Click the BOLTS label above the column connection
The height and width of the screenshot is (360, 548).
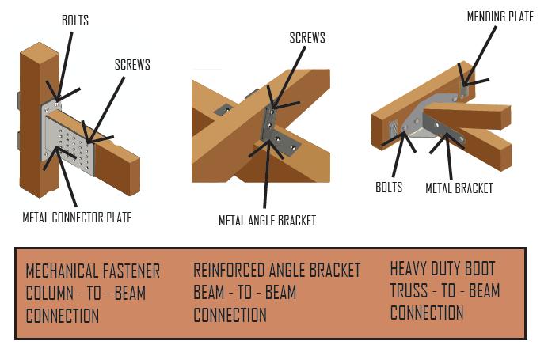click(75, 21)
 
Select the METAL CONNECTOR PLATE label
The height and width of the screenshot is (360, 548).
click(77, 216)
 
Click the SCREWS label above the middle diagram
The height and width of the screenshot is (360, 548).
click(307, 38)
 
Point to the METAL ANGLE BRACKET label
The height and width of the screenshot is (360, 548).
click(267, 221)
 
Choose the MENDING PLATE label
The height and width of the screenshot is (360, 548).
click(500, 17)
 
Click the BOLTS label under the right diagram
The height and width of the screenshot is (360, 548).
click(389, 188)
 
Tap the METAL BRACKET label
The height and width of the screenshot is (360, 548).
click(459, 188)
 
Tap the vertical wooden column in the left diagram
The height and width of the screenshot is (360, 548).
click(31, 119)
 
